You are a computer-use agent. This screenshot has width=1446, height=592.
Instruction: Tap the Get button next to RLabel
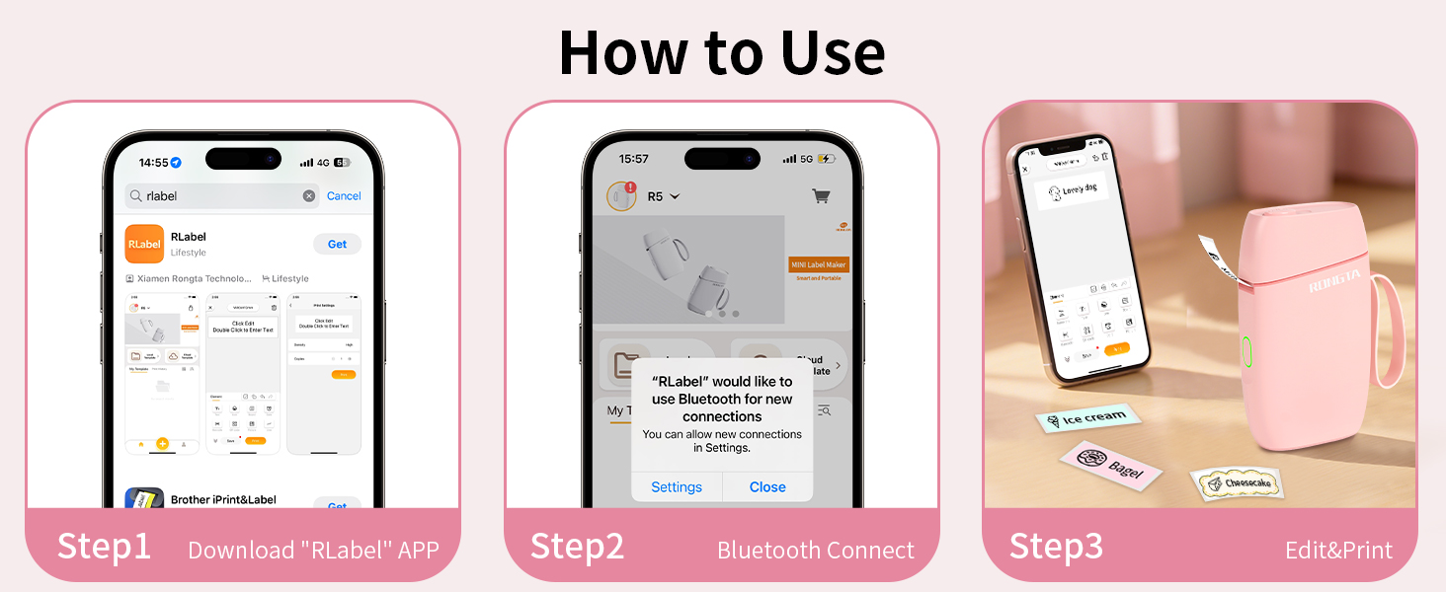337,244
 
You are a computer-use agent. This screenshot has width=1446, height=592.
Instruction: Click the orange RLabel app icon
144,244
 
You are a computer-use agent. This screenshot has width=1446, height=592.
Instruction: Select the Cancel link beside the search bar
344,196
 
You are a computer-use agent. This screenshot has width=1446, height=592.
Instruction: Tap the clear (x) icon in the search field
309,196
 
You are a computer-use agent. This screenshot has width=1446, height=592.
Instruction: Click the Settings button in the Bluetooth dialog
677,486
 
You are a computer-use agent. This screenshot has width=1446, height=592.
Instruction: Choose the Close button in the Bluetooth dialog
767,486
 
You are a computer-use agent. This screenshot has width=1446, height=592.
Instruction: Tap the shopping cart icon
821,196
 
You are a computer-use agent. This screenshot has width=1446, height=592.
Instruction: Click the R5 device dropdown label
663,196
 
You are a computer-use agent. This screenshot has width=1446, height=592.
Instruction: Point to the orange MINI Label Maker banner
819,264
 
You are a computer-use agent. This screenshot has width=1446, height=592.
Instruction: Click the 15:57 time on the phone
633,159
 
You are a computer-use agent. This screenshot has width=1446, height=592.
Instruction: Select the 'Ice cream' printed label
1087,418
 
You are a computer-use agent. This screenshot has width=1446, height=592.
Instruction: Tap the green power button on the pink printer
1246,352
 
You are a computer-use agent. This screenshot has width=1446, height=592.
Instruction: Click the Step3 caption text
1056,547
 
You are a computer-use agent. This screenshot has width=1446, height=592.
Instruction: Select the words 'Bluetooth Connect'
816,550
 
